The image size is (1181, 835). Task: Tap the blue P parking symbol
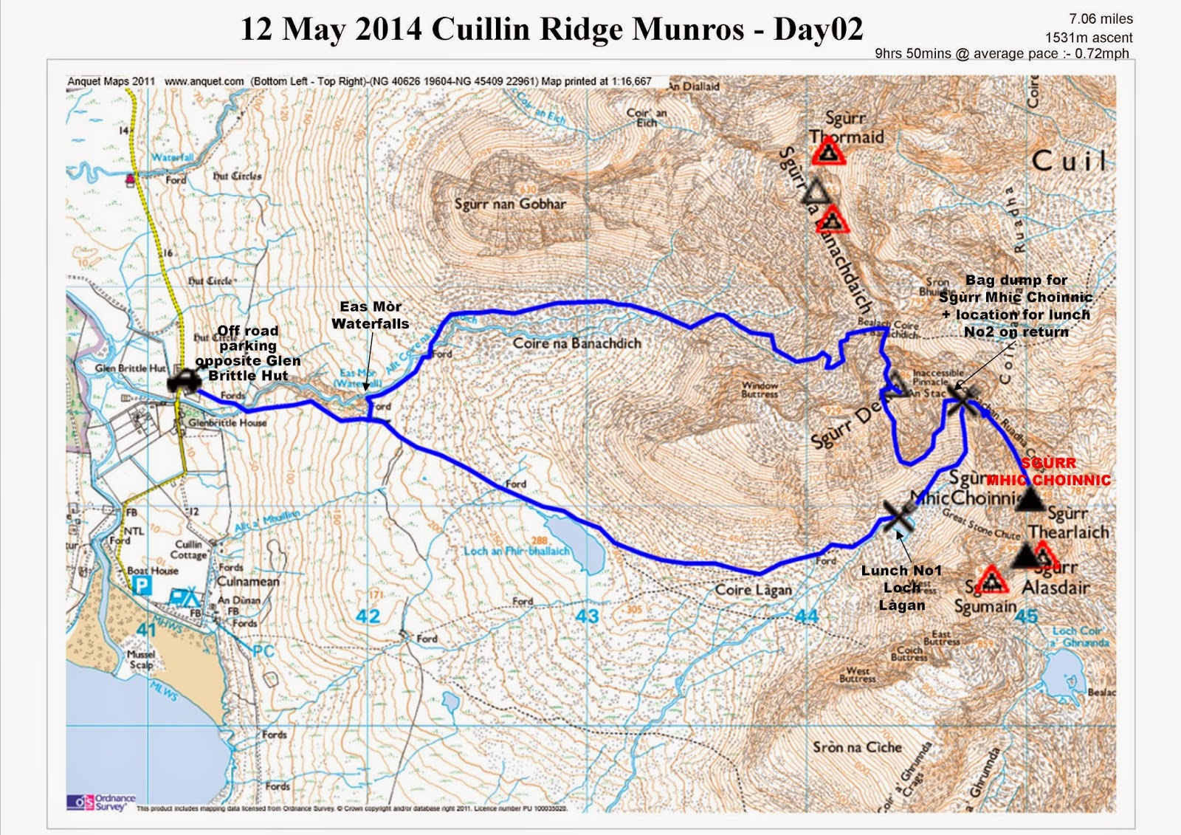pyautogui.click(x=140, y=586)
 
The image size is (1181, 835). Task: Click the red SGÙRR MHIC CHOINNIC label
pyautogui.click(x=1049, y=472)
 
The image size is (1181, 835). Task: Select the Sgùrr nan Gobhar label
pyautogui.click(x=510, y=204)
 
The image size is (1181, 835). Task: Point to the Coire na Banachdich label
pyautogui.click(x=577, y=343)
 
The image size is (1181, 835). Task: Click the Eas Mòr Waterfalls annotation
pyautogui.click(x=371, y=315)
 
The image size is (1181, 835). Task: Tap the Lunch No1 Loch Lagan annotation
pyautogui.click(x=901, y=588)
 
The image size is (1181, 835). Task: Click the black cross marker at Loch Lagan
pyautogui.click(x=898, y=514)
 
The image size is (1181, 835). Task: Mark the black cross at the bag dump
pyautogui.click(x=963, y=399)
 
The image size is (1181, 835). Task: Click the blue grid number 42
pyautogui.click(x=368, y=616)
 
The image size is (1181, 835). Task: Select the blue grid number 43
pyautogui.click(x=587, y=616)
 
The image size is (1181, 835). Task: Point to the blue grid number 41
pyautogui.click(x=146, y=630)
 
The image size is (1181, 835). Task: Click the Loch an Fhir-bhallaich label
pyautogui.click(x=517, y=551)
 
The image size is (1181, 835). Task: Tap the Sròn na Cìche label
pyautogui.click(x=858, y=747)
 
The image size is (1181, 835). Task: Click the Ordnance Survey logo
pyautogui.click(x=101, y=802)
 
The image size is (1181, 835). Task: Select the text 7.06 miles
pyautogui.click(x=1101, y=19)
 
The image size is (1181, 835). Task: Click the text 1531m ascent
pyautogui.click(x=1089, y=38)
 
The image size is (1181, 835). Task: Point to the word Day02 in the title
pyautogui.click(x=818, y=30)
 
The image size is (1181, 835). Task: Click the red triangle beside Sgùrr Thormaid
pyautogui.click(x=828, y=152)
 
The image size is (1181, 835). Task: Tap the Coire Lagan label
pyautogui.click(x=753, y=590)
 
